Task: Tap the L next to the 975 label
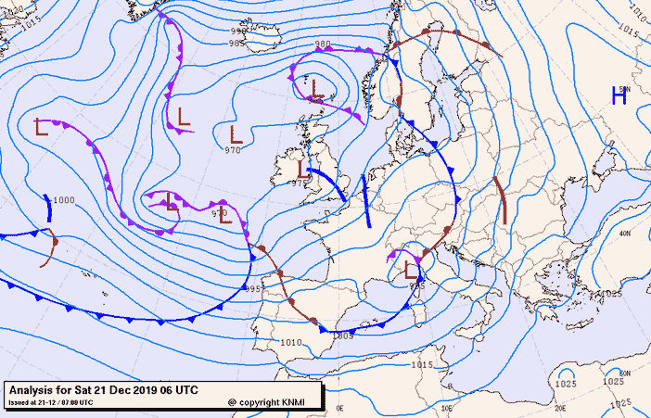(303, 169)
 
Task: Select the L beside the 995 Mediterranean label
(412, 271)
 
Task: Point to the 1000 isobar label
(64, 200)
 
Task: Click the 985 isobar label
(237, 43)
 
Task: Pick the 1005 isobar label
(344, 335)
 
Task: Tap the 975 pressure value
(299, 184)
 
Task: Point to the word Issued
(19, 402)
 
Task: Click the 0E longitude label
(340, 408)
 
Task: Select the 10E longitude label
(447, 408)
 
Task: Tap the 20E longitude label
(559, 408)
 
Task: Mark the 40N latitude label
(624, 234)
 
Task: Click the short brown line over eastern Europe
(501, 199)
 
